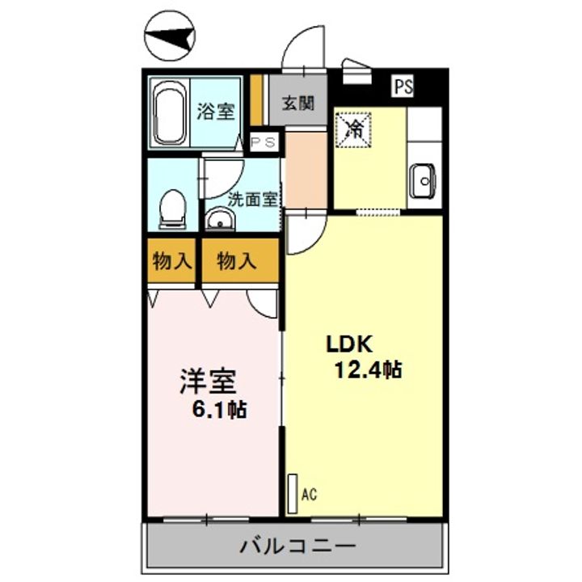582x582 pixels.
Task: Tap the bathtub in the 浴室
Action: pyautogui.click(x=171, y=113)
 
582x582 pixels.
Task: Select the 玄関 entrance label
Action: pyautogui.click(x=297, y=103)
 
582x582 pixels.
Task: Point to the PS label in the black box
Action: pyautogui.click(x=403, y=86)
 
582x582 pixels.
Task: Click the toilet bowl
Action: pyautogui.click(x=172, y=209)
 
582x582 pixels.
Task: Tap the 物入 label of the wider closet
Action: pyautogui.click(x=237, y=261)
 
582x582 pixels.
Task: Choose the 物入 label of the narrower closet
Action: pyautogui.click(x=172, y=261)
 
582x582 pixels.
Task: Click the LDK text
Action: pyautogui.click(x=348, y=344)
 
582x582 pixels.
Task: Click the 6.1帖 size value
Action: pyautogui.click(x=218, y=409)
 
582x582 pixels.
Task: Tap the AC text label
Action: pyautogui.click(x=310, y=492)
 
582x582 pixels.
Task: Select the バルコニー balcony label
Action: pyautogui.click(x=297, y=546)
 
